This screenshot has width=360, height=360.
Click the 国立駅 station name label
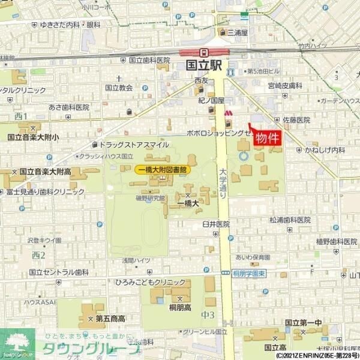pyautogui.click(x=204, y=65)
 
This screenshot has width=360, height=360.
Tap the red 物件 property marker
pyautogui.click(x=268, y=138)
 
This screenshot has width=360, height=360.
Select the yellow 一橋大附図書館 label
pyautogui.click(x=163, y=170)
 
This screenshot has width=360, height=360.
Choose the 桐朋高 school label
pyautogui.click(x=180, y=306)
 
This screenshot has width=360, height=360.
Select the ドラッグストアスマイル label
pyautogui.click(x=133, y=145)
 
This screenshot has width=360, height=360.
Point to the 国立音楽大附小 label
pyautogui.click(x=34, y=137)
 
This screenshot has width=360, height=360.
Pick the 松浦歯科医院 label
pyautogui.click(x=290, y=220)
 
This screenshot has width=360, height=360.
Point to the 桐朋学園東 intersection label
pyautogui.click(x=251, y=274)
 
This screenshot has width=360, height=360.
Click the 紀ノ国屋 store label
pyautogui.click(x=212, y=100)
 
